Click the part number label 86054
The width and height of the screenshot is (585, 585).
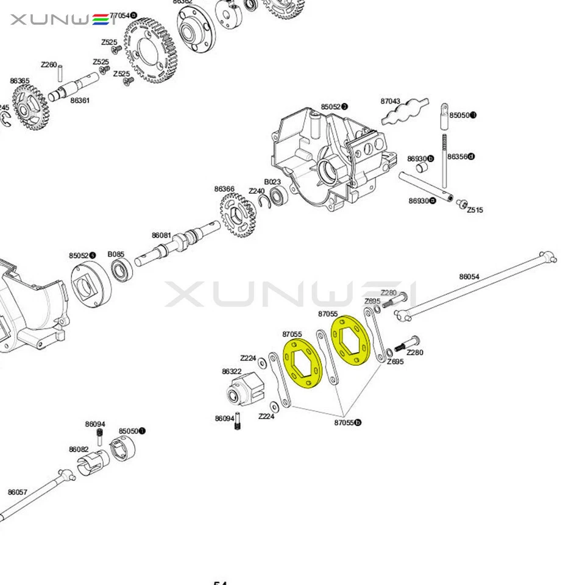tap(469, 277)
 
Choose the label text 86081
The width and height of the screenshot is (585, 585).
tap(161, 235)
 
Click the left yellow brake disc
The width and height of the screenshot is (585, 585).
tap(303, 364)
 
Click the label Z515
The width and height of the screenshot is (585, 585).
tap(475, 210)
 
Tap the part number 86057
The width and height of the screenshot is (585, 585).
tap(17, 492)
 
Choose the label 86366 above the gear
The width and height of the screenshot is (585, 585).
tap(224, 189)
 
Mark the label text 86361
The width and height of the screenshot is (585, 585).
tap(80, 101)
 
